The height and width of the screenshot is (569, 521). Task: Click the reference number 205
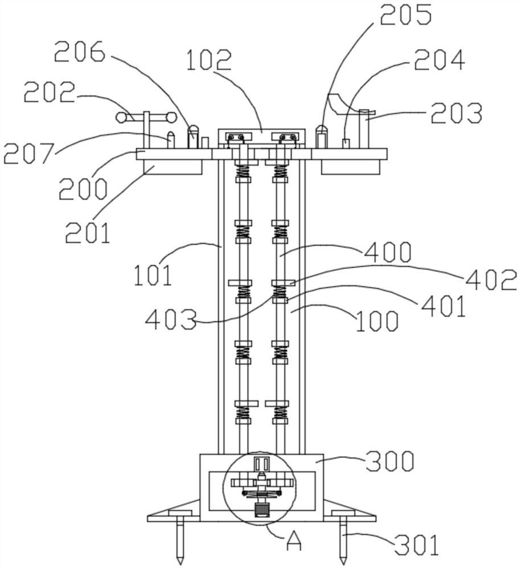pyautogui.click(x=406, y=15)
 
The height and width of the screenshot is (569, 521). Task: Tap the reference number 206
pyautogui.click(x=80, y=51)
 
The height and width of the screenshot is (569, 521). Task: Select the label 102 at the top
pyautogui.click(x=209, y=60)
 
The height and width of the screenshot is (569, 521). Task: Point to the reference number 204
pyautogui.click(x=440, y=60)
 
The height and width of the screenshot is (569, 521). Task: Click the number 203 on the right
pyautogui.click(x=457, y=113)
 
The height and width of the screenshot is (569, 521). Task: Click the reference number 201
pyautogui.click(x=88, y=232)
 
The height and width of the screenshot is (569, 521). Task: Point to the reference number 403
pyautogui.click(x=171, y=319)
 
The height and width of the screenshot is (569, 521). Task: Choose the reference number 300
pyautogui.click(x=389, y=461)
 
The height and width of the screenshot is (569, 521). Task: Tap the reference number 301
pyautogui.click(x=417, y=545)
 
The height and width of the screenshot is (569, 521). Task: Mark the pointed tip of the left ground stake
pyautogui.click(x=180, y=564)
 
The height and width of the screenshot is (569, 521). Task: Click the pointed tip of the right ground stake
pyautogui.click(x=342, y=564)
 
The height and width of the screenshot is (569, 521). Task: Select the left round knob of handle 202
pyautogui.click(x=121, y=117)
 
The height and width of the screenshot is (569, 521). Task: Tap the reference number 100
pyautogui.click(x=377, y=321)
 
